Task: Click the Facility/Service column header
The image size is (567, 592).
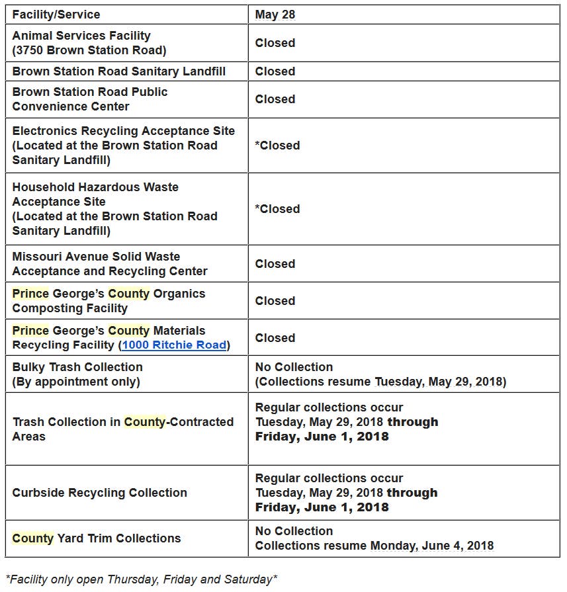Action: (56, 14)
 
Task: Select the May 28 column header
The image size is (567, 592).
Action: (275, 14)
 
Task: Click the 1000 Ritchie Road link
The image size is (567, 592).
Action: (175, 345)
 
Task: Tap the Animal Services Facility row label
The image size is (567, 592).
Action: (81, 36)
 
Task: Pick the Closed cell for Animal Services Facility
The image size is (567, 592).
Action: (275, 43)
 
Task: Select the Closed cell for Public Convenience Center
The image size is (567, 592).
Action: (275, 99)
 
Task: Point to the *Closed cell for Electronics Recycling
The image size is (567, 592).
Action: (277, 146)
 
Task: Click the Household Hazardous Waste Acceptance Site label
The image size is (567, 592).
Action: (95, 194)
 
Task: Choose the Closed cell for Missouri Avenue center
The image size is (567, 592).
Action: (275, 264)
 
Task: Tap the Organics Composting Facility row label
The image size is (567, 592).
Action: (109, 301)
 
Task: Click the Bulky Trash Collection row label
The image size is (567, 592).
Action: (77, 367)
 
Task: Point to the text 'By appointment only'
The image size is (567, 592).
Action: (76, 382)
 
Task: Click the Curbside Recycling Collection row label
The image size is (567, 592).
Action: (100, 493)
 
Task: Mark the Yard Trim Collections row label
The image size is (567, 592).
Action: (97, 538)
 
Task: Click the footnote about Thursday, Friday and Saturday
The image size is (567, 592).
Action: (142, 579)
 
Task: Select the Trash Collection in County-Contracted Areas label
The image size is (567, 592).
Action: (123, 429)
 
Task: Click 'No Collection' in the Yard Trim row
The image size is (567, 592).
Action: (294, 531)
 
